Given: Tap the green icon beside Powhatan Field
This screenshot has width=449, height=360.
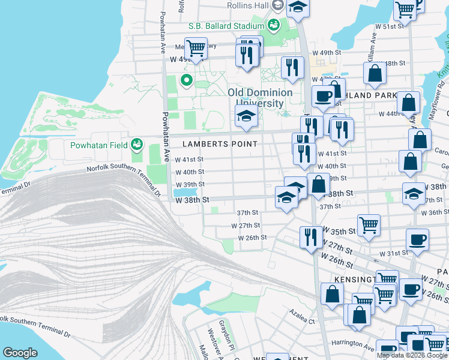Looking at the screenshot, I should [137, 144].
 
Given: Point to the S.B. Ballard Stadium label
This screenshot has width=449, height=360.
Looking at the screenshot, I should [226, 26].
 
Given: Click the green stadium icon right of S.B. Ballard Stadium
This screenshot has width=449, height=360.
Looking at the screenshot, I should [273, 25].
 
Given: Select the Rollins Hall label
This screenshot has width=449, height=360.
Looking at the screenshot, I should [248, 5].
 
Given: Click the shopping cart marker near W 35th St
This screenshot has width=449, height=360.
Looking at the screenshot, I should [369, 225].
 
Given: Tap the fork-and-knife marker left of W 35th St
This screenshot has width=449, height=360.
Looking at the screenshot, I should [310, 236].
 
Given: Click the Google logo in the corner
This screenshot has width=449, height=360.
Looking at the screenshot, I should [20, 353].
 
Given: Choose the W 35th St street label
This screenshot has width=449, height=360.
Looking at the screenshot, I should [339, 230].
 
